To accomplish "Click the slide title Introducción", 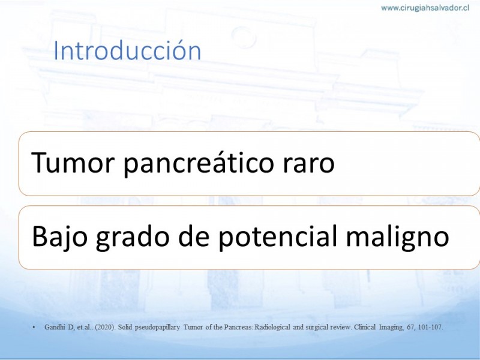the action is pos(127,50).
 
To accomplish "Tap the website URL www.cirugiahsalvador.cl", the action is pos(425,8).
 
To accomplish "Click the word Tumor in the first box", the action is pos(73,162).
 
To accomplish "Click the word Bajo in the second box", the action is pos(59,236).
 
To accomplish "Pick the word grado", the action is pos(133,236).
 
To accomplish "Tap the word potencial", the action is pos(278,236).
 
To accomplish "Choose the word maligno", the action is pos(397,236).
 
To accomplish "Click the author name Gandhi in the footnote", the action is pos(55,327).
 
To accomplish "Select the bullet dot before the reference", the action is pos(34,328).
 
